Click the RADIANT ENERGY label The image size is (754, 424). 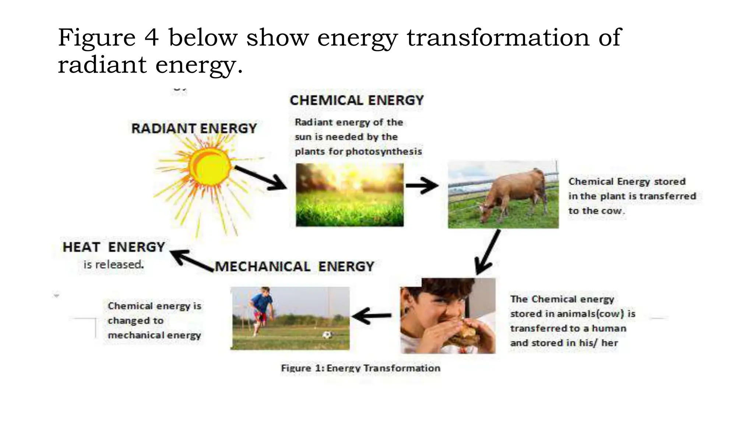(x=194, y=128)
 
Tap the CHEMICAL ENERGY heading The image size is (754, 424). (x=356, y=100)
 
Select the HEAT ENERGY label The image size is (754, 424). (x=114, y=247)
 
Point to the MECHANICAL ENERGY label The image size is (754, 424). (x=295, y=266)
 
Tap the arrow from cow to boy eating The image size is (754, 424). (x=488, y=252)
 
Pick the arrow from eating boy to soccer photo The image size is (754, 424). (x=372, y=316)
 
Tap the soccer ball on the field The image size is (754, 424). (x=327, y=335)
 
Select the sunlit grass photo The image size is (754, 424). (x=349, y=195)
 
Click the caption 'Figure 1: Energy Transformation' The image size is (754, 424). (x=360, y=368)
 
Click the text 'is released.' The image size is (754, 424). (x=113, y=265)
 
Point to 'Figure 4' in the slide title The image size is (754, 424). (x=108, y=38)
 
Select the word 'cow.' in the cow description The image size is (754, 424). (x=613, y=211)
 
